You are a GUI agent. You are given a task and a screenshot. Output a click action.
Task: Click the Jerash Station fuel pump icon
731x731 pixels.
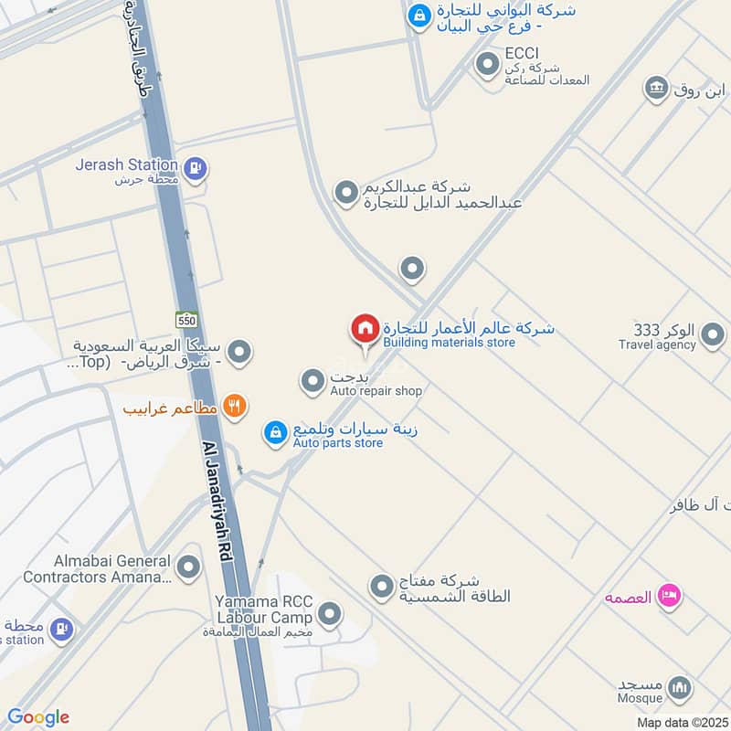[195, 168]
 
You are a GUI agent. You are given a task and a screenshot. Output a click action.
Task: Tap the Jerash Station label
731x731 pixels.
[127, 165]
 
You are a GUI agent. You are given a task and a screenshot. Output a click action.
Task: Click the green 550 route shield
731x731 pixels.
[187, 319]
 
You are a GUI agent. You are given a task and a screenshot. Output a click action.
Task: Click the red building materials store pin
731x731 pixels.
[365, 329]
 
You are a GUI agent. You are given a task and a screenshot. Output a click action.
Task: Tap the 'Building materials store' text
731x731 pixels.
[449, 343]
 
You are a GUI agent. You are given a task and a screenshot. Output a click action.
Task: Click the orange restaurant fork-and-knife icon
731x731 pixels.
[235, 407]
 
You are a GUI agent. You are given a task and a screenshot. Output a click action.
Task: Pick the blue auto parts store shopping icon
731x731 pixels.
[274, 434]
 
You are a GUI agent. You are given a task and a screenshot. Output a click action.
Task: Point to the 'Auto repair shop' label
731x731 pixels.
[376, 391]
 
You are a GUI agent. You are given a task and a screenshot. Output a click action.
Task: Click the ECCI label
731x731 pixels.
[516, 54]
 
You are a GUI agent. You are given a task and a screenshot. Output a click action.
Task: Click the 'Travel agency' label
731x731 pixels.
[657, 344]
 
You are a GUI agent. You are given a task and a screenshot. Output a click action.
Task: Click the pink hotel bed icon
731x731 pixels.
[669, 596]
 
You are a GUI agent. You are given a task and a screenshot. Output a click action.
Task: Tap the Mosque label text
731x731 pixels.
[640, 699]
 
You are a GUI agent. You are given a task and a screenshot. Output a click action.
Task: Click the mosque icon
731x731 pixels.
[679, 686]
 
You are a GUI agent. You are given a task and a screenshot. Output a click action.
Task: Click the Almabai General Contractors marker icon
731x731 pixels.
[189, 568]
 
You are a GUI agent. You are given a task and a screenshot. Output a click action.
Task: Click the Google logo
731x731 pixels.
[38, 717]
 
